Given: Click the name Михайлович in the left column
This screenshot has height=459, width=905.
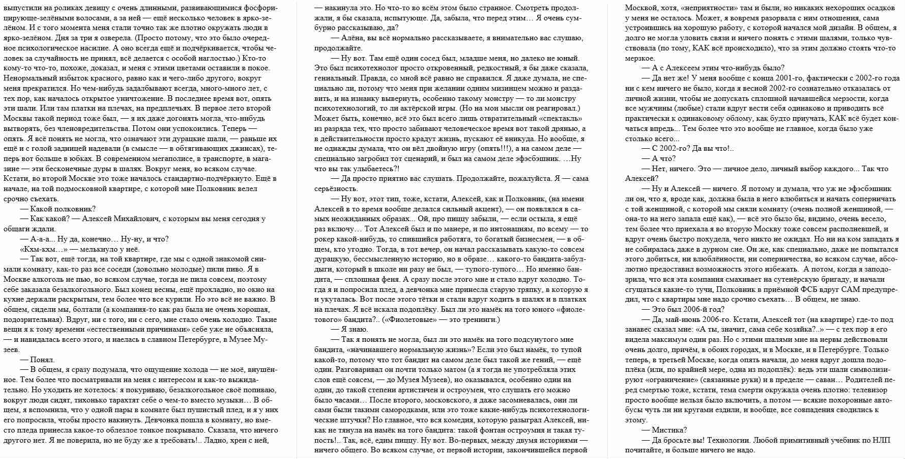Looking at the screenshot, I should (139, 219).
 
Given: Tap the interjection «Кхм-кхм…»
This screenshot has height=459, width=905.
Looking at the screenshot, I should (42, 249).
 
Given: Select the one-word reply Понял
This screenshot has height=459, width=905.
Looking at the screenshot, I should (42, 360).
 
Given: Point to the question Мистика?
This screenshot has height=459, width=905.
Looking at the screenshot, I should (669, 430).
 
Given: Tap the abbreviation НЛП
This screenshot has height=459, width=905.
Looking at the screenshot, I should (881, 440).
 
